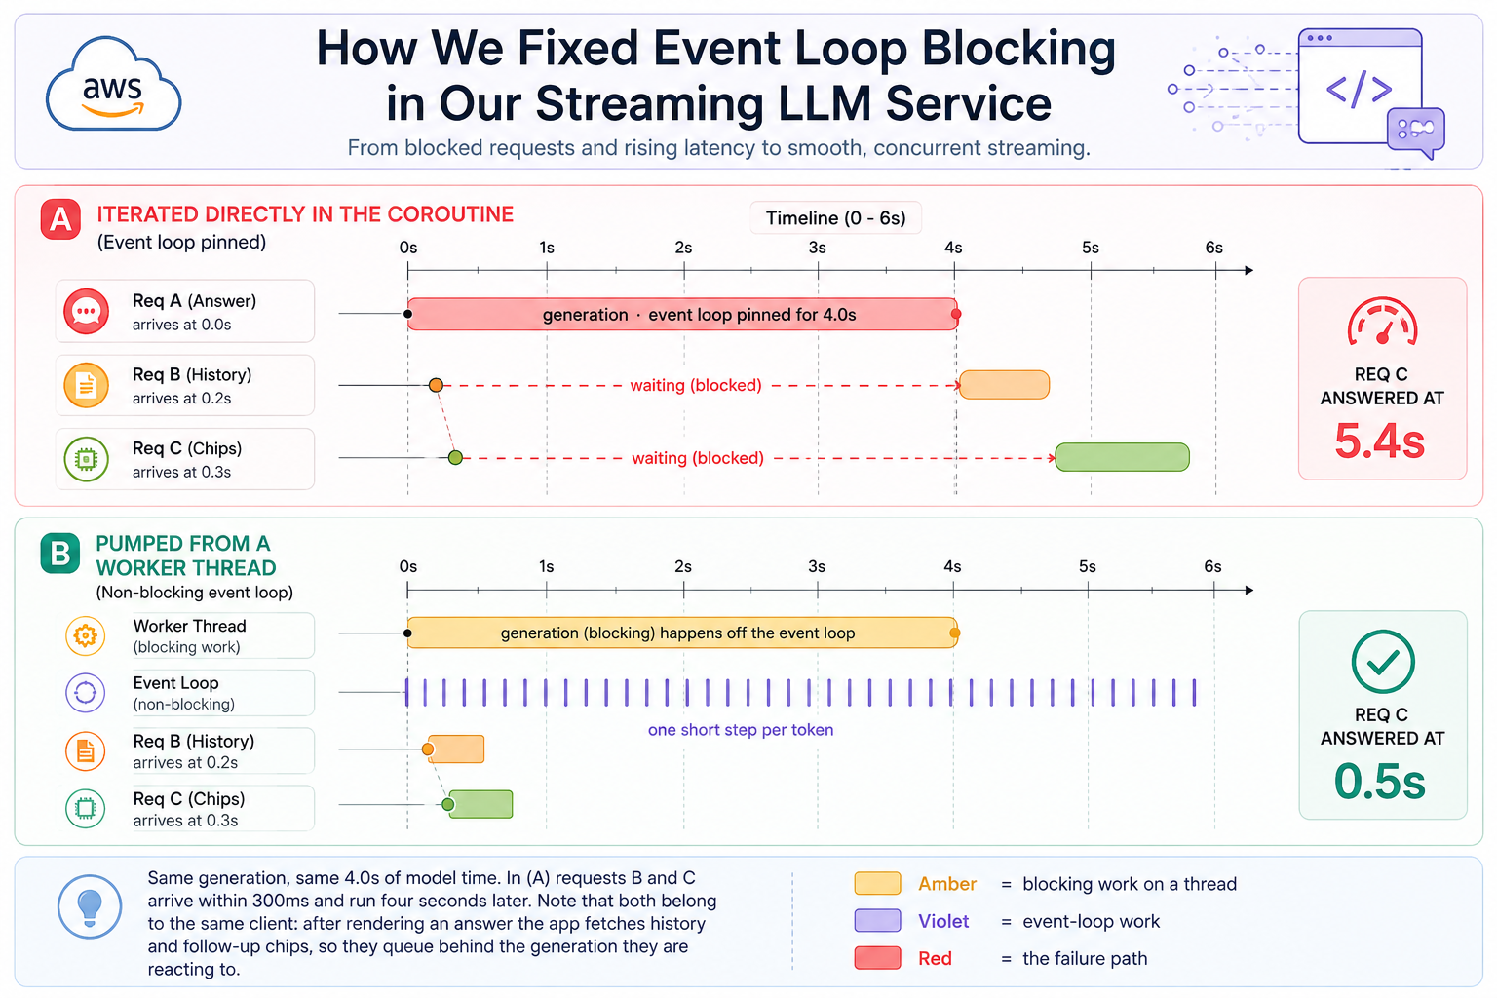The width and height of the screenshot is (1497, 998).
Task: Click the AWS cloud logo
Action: (x=113, y=84)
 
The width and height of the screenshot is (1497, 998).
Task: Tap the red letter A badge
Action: (x=60, y=219)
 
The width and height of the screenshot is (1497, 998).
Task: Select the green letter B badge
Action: (x=60, y=554)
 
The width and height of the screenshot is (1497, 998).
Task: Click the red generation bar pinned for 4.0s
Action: (x=683, y=314)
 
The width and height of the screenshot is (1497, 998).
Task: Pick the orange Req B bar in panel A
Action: (x=1005, y=385)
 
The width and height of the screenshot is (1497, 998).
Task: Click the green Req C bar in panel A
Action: (x=1123, y=457)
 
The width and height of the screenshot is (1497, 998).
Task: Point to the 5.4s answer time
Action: (x=1380, y=441)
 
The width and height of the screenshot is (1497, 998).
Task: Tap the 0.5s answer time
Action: (x=1380, y=782)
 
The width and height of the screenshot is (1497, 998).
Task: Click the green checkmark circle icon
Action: (x=1383, y=662)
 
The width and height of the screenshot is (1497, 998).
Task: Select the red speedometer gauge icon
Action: (x=1383, y=323)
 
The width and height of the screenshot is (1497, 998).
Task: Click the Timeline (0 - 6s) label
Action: (x=835, y=218)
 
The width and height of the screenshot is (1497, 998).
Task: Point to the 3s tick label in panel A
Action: (x=818, y=248)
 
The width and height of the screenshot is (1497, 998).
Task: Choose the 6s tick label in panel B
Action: (x=1213, y=567)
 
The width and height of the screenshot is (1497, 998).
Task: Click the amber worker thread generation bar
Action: (x=683, y=633)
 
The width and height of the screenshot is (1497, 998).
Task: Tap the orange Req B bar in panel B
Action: (x=456, y=748)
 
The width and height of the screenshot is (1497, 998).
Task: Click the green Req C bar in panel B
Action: (x=480, y=804)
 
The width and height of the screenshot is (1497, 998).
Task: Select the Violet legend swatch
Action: (x=877, y=920)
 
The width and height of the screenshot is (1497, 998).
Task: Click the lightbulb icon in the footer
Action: (x=90, y=906)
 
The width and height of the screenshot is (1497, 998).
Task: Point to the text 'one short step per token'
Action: (x=741, y=729)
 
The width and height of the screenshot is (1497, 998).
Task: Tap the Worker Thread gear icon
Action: (x=86, y=635)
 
